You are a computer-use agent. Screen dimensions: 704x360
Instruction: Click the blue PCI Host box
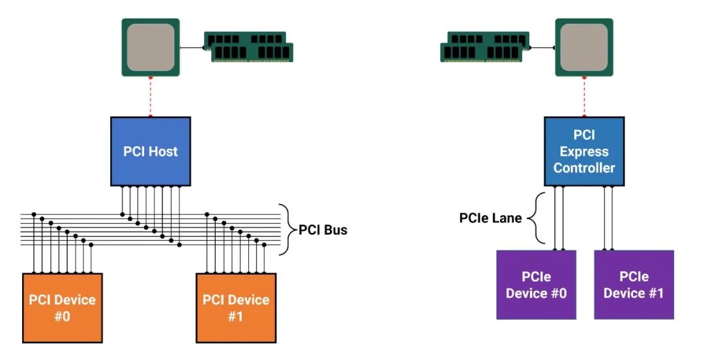click(x=151, y=151)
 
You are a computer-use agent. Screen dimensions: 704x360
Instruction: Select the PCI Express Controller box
click(x=584, y=151)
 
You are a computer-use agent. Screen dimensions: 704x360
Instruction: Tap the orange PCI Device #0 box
click(x=63, y=308)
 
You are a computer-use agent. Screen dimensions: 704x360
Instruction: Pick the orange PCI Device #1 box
click(x=236, y=308)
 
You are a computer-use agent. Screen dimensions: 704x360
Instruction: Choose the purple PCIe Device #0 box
click(x=536, y=284)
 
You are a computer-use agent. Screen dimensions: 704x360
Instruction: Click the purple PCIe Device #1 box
click(x=634, y=284)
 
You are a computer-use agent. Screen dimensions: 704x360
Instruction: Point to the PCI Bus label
click(x=323, y=230)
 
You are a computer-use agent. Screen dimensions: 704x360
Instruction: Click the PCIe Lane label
click(x=490, y=218)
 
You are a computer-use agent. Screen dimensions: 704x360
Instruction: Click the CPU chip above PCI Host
click(x=151, y=47)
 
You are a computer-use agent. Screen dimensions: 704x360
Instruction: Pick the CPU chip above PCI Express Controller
click(x=584, y=47)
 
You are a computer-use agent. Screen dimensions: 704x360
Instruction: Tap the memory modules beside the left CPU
click(x=249, y=47)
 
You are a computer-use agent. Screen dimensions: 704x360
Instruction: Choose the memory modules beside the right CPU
click(x=485, y=47)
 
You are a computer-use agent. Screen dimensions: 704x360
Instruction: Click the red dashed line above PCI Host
click(x=151, y=97)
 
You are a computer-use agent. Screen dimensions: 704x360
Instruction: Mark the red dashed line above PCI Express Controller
click(x=584, y=97)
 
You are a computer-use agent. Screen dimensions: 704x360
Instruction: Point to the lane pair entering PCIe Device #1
click(x=608, y=218)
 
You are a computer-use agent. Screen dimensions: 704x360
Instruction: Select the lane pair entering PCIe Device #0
click(x=559, y=218)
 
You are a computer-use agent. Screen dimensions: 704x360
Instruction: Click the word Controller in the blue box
click(x=584, y=168)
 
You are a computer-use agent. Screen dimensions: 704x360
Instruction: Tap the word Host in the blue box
click(x=164, y=151)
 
